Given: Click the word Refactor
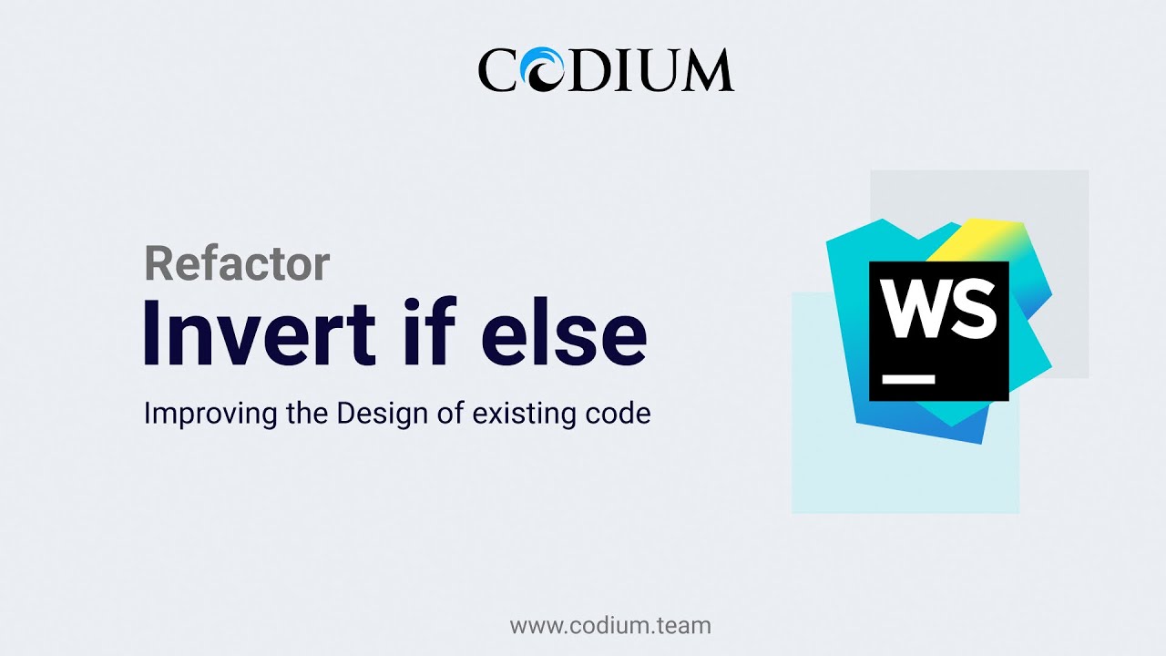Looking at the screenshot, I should [237, 264].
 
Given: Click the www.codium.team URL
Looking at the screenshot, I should [610, 626].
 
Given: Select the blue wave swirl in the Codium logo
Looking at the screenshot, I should [549, 71].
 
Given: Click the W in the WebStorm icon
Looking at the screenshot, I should [916, 309].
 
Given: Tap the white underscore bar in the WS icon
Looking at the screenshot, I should [909, 378].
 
